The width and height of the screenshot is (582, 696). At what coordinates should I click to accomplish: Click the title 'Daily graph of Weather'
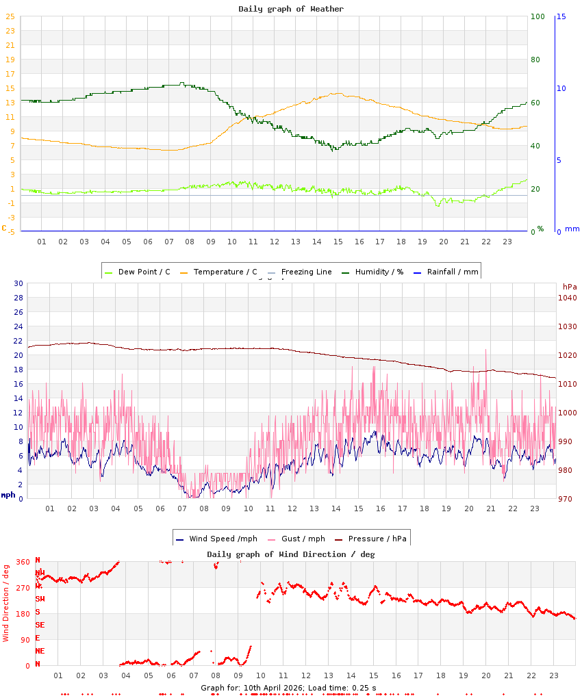(x=291, y=9)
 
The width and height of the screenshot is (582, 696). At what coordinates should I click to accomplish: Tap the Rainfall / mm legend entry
(x=452, y=272)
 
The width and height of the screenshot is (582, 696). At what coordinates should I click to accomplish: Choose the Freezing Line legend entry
(x=306, y=272)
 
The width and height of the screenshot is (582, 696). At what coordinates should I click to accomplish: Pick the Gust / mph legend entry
(x=303, y=539)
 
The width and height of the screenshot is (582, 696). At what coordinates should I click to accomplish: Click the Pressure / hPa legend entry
(x=377, y=539)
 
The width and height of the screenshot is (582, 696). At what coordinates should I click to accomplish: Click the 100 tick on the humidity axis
(x=537, y=16)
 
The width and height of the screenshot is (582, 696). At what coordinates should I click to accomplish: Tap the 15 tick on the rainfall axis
(x=561, y=16)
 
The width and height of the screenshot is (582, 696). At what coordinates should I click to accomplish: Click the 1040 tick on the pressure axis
(x=568, y=298)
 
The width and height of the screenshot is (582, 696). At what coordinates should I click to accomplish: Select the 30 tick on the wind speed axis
(x=18, y=283)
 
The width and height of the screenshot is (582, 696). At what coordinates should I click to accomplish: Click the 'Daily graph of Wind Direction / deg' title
(x=291, y=554)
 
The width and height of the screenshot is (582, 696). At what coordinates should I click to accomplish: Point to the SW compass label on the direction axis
(x=40, y=599)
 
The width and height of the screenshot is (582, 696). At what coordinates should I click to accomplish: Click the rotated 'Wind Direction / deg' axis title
(x=6, y=602)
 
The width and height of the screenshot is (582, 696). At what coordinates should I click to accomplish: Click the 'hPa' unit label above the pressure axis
(x=570, y=286)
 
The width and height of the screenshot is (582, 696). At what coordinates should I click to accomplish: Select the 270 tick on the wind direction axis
(x=23, y=587)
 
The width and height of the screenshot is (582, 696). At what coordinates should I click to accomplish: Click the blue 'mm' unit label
(x=572, y=229)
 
